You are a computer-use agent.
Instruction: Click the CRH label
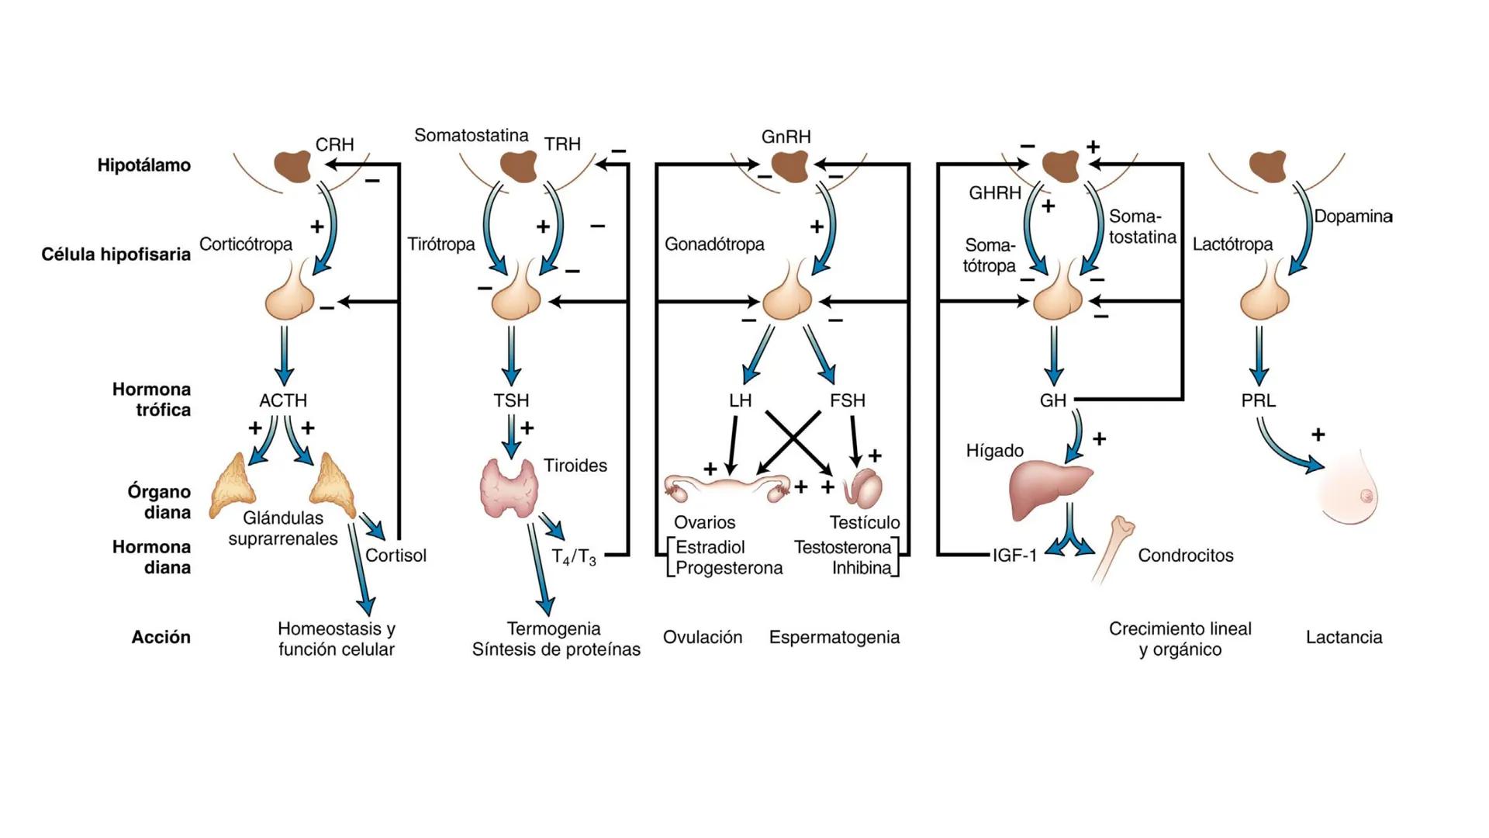coord(334,144)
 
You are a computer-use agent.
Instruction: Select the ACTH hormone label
coord(283,400)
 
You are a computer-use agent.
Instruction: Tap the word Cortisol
coord(396,556)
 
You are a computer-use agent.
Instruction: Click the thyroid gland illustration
coord(510,488)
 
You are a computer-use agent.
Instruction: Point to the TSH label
coord(511,400)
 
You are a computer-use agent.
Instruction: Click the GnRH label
coord(786,137)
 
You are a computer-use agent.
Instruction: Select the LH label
coord(740,400)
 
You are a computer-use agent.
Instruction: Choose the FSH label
coord(847,400)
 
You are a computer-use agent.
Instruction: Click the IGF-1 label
coord(1014,556)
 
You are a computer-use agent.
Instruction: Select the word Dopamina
coord(1353,216)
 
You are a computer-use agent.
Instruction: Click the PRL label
coord(1258,400)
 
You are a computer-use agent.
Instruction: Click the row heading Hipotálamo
coord(143,165)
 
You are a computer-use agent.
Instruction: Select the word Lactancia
coord(1343,638)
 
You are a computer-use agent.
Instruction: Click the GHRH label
coord(994,193)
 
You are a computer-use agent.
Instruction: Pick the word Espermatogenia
coord(834,638)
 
